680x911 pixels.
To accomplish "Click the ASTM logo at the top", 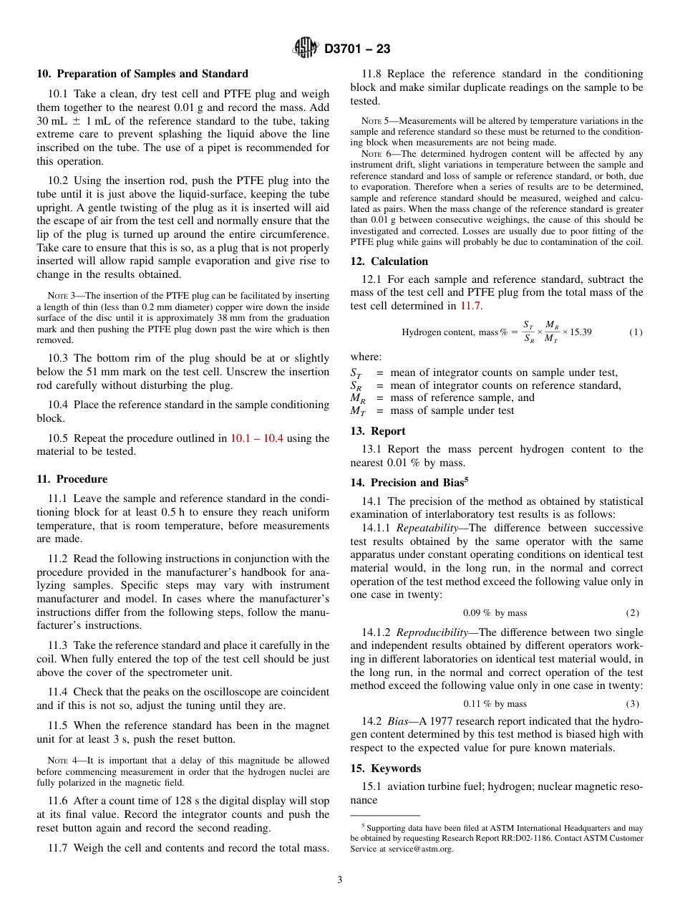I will pos(306,49).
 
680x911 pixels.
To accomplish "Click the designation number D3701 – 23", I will pos(357,49).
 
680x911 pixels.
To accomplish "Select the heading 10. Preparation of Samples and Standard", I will pos(142,74).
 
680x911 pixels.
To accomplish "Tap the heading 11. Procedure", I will pos(72,479).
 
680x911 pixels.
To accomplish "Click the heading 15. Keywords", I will pos(385,768).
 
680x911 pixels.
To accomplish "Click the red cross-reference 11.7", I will pos(471,306).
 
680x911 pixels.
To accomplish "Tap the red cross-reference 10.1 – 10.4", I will pos(257,438).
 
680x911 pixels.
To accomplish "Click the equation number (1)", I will pos(635,332).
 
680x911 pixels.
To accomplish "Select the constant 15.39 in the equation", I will pos(581,332).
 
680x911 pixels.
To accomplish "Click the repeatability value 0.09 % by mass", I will pos(495,613).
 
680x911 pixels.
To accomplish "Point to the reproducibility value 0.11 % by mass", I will pos(495,704).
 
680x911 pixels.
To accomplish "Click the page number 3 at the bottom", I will pos(340,879).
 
